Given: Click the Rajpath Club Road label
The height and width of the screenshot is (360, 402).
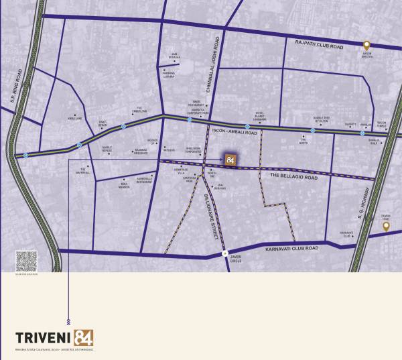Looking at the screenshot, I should (x=318, y=46).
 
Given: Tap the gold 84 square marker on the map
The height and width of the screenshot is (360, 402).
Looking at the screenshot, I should (x=230, y=160).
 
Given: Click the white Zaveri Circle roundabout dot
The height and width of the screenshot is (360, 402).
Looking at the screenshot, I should (x=225, y=253).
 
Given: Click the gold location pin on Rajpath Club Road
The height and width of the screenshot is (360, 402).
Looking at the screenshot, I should (x=366, y=43).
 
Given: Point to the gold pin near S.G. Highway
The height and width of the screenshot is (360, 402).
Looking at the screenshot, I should (x=385, y=227).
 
